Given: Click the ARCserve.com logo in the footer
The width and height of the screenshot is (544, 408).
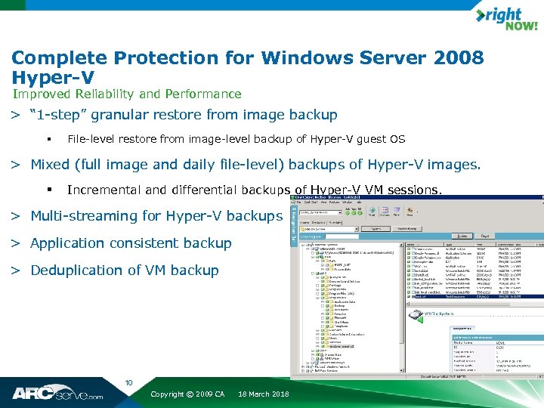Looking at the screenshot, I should coord(57,393).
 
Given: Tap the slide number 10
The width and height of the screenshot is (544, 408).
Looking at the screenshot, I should coord(128,383).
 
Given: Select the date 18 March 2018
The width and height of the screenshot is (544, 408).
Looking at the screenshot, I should coord(263,394).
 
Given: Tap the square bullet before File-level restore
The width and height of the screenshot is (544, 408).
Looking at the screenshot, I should coord(47,139).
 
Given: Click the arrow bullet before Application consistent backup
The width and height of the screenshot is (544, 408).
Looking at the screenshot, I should coord(15,243).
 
